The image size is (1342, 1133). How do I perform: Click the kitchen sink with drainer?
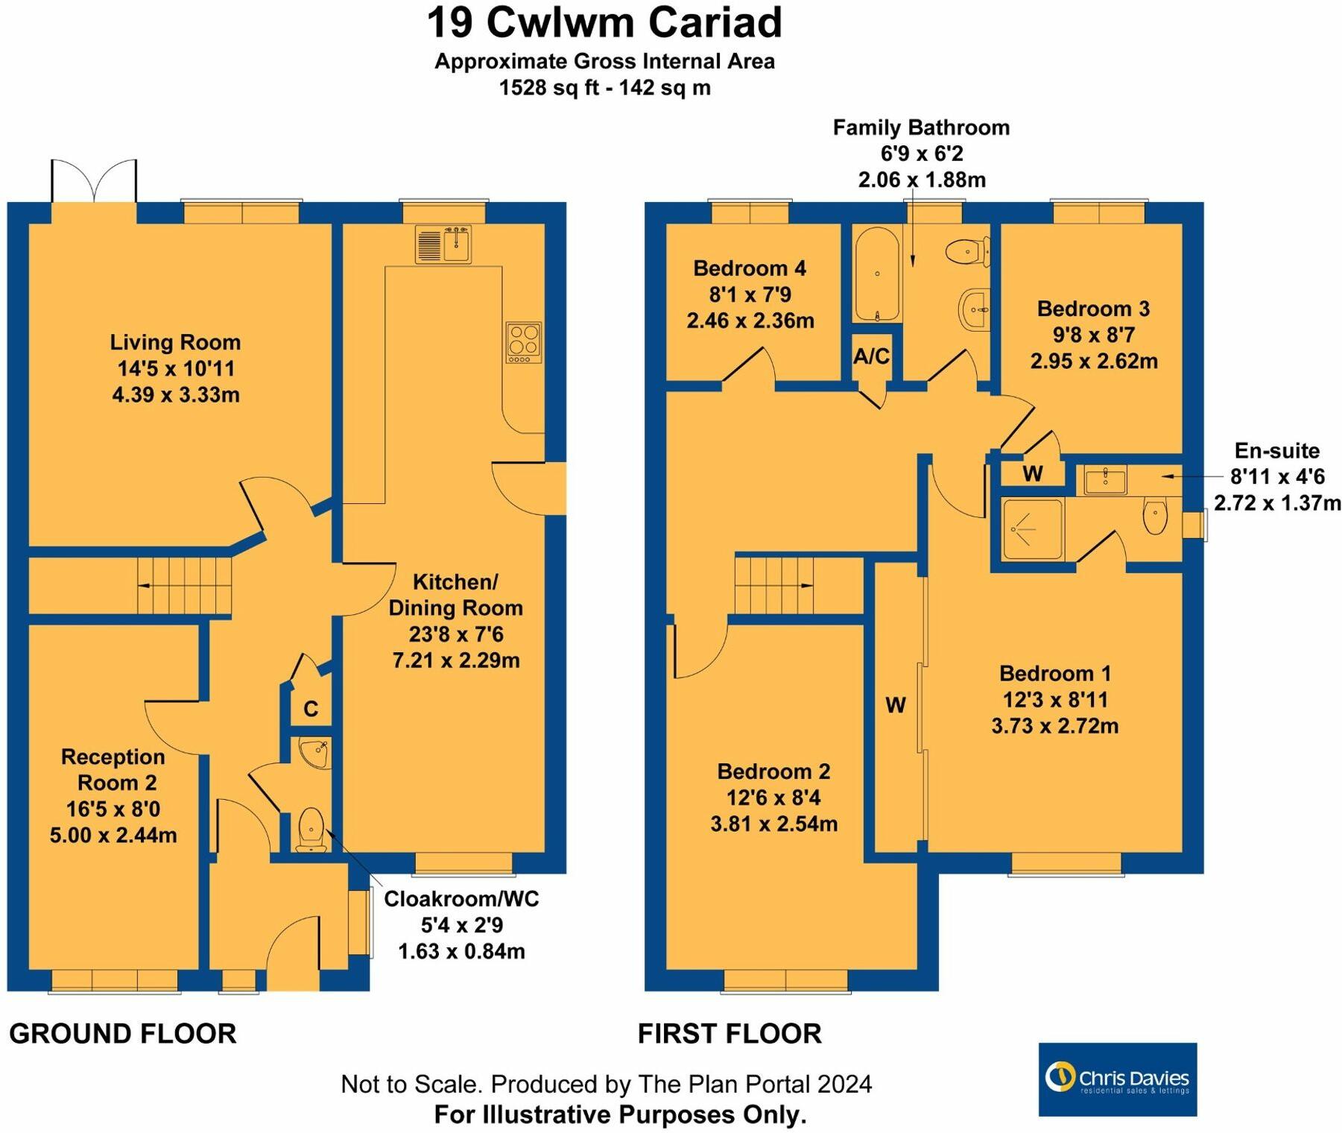[443, 244]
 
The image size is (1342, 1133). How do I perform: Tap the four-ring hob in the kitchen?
[523, 342]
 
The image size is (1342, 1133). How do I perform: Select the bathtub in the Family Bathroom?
[877, 274]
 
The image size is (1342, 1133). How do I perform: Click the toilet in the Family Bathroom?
[968, 250]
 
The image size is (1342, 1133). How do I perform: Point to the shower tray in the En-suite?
[1032, 529]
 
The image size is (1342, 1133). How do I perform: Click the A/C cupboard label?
[871, 356]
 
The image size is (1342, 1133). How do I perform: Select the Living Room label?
[175, 342]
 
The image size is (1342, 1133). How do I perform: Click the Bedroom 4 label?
[750, 268]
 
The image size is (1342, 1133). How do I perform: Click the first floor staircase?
[773, 585]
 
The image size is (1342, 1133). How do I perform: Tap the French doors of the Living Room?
[94, 183]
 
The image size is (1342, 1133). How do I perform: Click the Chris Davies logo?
[1117, 1079]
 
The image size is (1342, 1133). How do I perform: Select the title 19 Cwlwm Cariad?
[604, 22]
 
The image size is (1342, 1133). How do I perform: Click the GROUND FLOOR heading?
[123, 1034]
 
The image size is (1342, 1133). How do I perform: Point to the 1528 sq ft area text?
[604, 88]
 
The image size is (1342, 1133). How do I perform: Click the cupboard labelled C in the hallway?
[311, 708]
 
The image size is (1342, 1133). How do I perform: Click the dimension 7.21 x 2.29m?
[456, 660]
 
